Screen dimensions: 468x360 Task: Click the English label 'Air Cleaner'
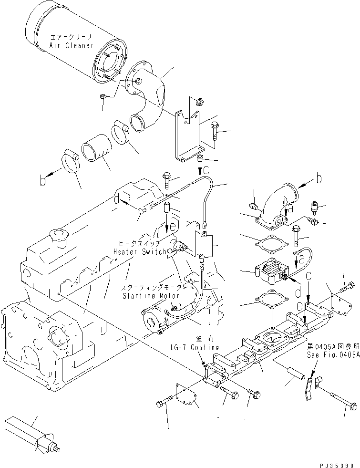pos(71,45)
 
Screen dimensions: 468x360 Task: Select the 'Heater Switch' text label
pos(140,251)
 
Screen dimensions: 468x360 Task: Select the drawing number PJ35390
pos(336,463)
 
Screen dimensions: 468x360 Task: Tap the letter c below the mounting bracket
pos(206,170)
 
